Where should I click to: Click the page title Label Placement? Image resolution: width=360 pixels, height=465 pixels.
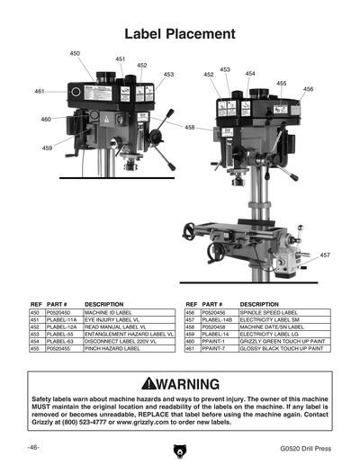point(180,34)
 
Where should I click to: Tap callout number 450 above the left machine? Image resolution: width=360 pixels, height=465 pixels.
point(75,54)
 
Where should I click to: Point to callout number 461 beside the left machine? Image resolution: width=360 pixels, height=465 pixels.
point(40,92)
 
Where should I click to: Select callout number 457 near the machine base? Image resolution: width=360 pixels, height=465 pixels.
point(324,255)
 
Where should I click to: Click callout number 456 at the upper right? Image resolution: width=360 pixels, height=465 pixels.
point(308,89)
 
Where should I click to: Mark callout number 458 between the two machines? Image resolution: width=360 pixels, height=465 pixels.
point(190,128)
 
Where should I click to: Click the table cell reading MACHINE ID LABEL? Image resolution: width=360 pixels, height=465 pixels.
point(110,313)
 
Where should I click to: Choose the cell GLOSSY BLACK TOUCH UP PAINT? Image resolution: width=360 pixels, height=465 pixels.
point(280,348)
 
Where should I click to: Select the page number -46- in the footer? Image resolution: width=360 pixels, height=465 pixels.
point(32,448)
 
